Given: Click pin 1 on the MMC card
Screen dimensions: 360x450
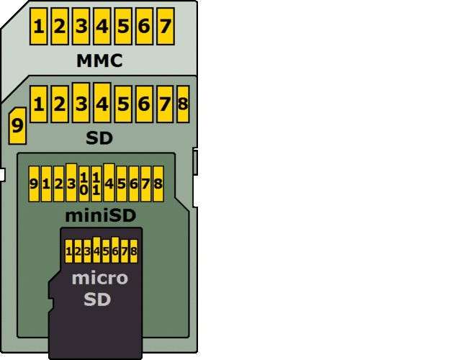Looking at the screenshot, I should tap(38, 27).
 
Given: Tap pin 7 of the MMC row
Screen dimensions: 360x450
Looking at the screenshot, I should tap(165, 27).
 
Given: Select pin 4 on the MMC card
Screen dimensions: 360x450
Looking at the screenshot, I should tap(102, 27).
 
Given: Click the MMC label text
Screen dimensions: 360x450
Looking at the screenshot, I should tap(99, 60).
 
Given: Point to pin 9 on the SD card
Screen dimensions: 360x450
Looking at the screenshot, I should tap(17, 127).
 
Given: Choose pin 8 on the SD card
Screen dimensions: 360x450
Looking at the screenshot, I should tap(183, 104).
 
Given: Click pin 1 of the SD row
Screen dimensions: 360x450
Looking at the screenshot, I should tap(38, 104).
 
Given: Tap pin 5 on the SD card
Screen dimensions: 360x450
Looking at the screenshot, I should tap(123, 104).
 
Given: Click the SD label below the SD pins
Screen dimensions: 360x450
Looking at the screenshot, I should tap(99, 138).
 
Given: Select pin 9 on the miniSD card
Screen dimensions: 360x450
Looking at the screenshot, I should tap(34, 184).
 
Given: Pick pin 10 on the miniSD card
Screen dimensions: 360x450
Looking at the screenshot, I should tap(84, 184).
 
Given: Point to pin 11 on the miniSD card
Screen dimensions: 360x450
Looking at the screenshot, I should tap(96, 184).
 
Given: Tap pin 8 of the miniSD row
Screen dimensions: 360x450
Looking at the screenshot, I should tap(158, 184).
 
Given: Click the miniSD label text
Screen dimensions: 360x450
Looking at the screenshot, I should tap(100, 215).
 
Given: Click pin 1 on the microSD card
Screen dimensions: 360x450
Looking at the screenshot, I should tap(69, 251).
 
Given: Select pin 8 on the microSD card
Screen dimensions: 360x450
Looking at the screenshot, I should tap(133, 251).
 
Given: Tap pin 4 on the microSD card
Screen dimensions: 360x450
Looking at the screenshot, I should tap(96, 251).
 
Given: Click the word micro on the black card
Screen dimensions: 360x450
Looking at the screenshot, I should tap(99, 278).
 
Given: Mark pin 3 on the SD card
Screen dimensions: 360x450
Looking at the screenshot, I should tap(81, 104).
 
